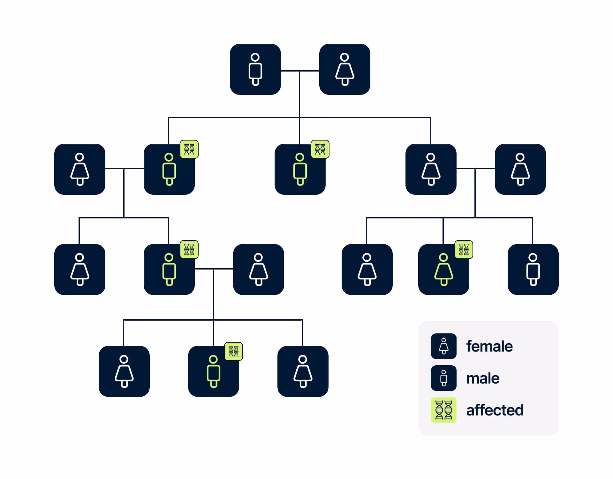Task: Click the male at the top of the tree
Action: [x=255, y=69]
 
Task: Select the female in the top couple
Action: [x=345, y=69]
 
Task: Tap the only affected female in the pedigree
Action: [x=444, y=270]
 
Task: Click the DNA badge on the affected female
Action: [x=464, y=249]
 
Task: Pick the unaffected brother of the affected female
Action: [x=533, y=270]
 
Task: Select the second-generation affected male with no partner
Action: [x=300, y=169]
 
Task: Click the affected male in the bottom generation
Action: [x=214, y=371]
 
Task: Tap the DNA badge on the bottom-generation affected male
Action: [x=234, y=351]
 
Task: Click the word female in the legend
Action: [x=489, y=346]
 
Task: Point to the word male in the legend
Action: [x=483, y=378]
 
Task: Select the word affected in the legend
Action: [x=495, y=410]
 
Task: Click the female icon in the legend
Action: [x=444, y=346]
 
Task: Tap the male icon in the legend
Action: [x=444, y=378]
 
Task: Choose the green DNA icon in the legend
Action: [x=444, y=410]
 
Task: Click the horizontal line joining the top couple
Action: [x=300, y=71]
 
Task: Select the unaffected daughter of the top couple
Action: [x=431, y=169]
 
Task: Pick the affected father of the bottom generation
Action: [x=169, y=270]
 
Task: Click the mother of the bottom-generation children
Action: [x=259, y=270]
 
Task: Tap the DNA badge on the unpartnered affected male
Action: [x=320, y=149]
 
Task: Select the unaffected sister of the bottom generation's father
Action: [x=80, y=270]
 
